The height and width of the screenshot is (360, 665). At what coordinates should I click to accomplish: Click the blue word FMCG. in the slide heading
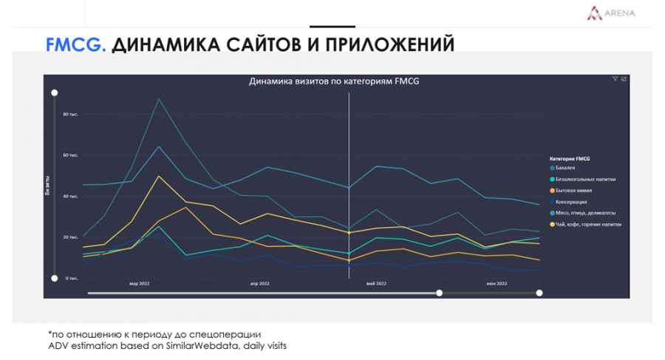click(x=76, y=46)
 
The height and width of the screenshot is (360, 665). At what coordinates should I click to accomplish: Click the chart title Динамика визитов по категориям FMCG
click(x=333, y=81)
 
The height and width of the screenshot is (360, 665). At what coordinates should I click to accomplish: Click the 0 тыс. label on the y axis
click(x=72, y=278)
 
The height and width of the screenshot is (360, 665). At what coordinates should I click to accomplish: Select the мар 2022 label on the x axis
click(x=140, y=283)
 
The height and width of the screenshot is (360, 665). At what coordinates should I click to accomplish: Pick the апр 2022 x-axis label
click(x=259, y=283)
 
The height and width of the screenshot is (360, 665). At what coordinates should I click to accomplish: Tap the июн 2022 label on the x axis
click(x=497, y=283)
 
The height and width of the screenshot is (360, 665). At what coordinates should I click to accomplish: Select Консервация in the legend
click(x=573, y=201)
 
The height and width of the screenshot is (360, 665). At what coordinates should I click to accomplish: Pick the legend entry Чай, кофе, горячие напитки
click(x=588, y=223)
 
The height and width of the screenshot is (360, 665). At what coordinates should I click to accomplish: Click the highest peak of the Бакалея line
click(x=158, y=98)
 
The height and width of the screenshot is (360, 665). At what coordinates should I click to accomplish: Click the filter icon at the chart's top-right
click(x=615, y=79)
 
